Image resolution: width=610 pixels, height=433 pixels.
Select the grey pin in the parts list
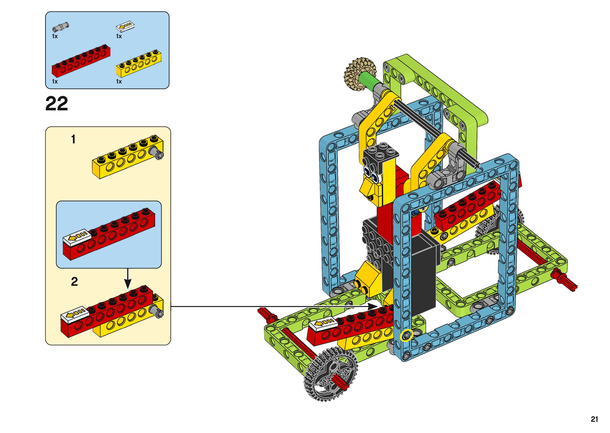coord(61,27)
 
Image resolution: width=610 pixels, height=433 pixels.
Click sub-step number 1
coord(73,139)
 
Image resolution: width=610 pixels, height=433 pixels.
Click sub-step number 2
coord(74,282)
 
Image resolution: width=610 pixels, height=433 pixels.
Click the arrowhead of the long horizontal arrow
coord(374,306)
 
